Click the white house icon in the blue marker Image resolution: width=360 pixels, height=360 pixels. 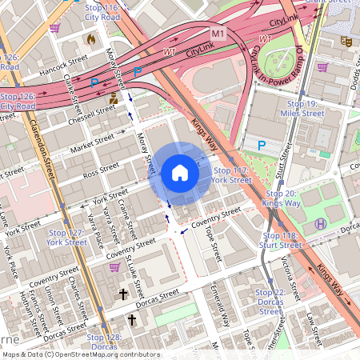pos(180,172)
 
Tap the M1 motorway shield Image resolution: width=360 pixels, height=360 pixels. pos(218,34)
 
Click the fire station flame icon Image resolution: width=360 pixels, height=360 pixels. pos(90,38)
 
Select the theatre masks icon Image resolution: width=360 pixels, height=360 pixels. pos(346,40)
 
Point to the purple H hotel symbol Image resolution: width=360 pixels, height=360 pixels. pos(321,224)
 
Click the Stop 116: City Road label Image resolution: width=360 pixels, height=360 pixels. pos(102,11)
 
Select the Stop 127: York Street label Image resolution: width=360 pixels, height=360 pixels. pos(66,237)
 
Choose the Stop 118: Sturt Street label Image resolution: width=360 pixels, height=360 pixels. pos(278,240)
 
